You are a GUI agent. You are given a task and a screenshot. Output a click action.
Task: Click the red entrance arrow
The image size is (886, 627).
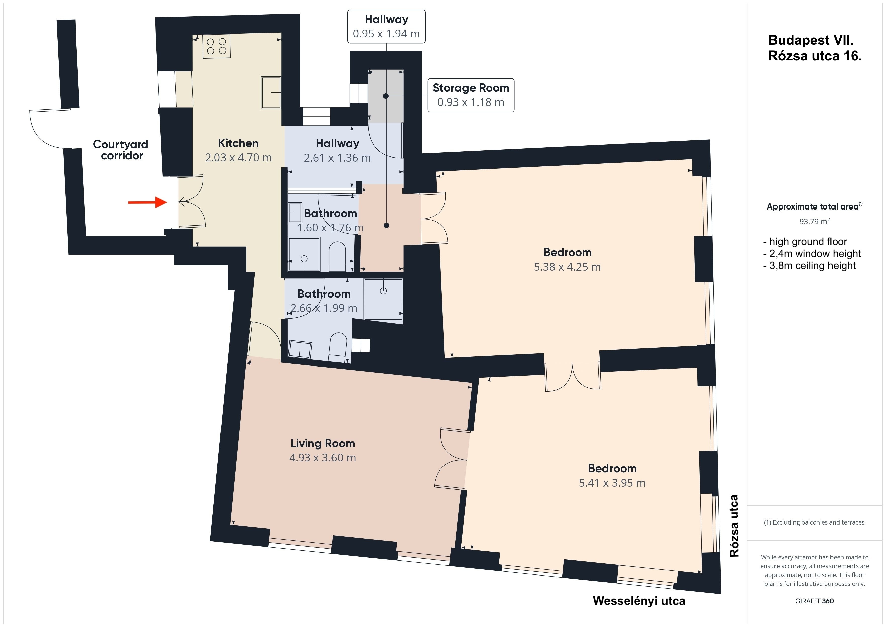point(147,202)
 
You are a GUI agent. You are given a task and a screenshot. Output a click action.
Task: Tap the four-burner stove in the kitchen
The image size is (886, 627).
point(216,46)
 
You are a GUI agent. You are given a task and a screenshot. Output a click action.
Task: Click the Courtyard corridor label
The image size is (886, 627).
point(121,150)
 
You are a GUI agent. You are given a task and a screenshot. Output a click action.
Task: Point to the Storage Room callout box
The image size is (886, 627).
point(471,95)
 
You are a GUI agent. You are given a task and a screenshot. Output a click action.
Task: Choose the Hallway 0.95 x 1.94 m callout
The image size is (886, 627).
point(386,26)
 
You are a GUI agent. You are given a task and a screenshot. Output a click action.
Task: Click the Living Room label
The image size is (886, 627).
point(323,443)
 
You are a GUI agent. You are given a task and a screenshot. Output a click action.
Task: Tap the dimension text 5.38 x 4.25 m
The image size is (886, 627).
point(567,267)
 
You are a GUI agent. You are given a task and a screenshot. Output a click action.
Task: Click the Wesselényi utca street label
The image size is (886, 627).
point(639,601)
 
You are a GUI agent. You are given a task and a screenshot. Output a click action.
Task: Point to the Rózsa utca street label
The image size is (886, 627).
point(734,526)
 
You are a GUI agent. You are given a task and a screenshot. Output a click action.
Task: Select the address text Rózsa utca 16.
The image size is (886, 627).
point(815,56)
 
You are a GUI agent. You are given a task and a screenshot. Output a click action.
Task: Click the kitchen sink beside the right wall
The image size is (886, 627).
point(271,93)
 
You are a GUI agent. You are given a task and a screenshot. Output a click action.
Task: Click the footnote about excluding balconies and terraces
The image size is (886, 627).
point(814,522)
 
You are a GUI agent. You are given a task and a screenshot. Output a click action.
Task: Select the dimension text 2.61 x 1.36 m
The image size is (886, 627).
point(337,158)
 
